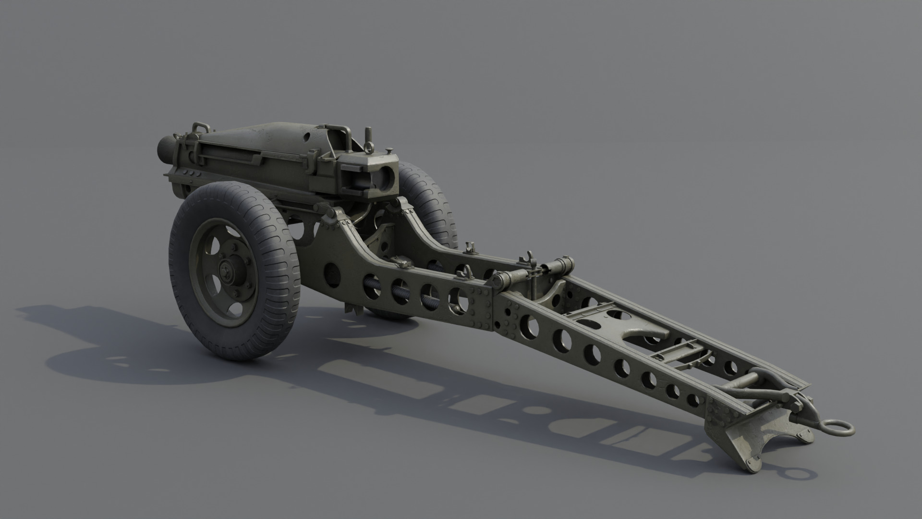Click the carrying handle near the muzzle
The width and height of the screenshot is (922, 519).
click(x=201, y=128)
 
